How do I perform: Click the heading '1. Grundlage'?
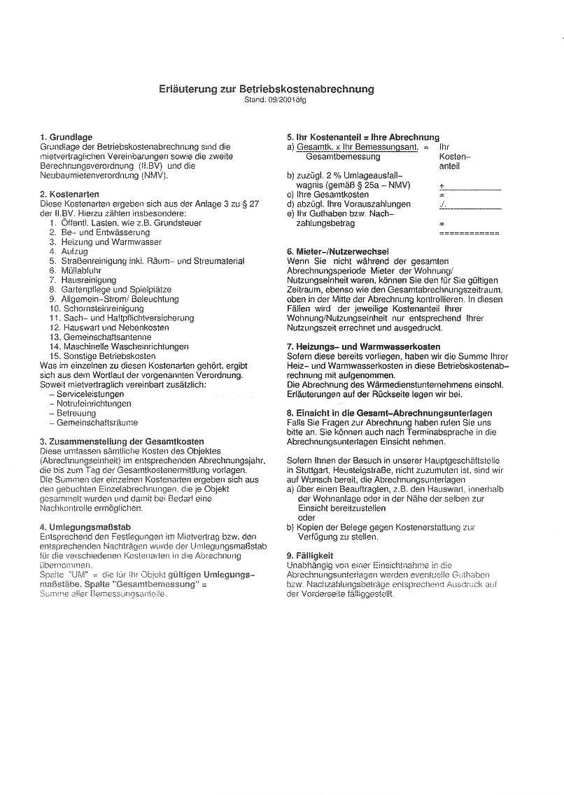point(66,137)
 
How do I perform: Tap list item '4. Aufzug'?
point(69,251)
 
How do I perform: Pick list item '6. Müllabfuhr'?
point(78,270)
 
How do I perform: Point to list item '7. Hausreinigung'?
point(83,279)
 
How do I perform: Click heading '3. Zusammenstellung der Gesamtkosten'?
point(122,442)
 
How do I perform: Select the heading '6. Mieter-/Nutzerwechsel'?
point(338,251)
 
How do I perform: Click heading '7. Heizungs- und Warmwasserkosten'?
point(363,346)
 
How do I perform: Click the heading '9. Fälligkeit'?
point(309,555)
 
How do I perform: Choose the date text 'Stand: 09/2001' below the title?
point(267,100)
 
